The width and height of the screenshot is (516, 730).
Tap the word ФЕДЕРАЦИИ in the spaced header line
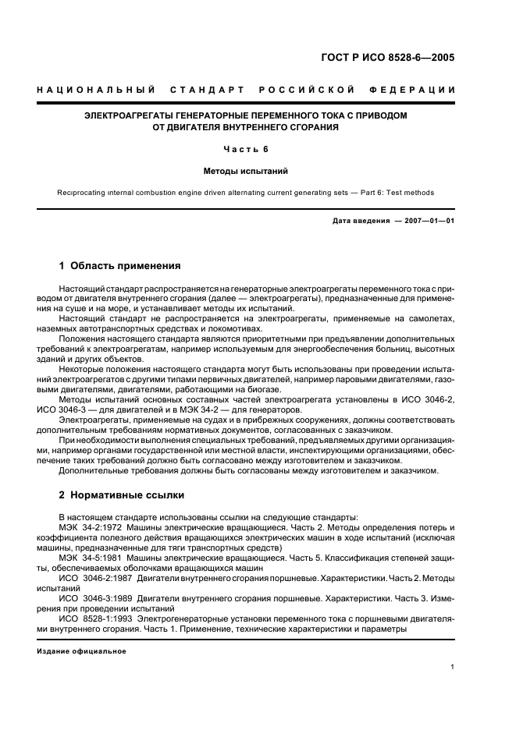coord(423,90)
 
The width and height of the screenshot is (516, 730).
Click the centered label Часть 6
coord(246,149)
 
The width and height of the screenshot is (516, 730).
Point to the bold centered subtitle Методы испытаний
coord(246,172)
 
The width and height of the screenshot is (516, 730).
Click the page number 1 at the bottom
coord(453,667)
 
